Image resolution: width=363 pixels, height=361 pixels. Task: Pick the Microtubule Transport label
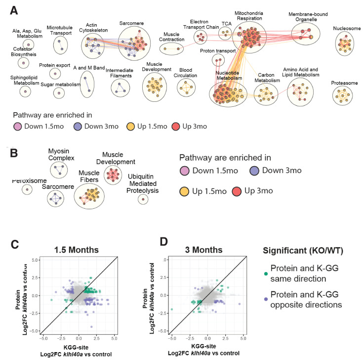point(60,31)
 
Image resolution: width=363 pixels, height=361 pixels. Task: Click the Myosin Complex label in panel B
point(61,155)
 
